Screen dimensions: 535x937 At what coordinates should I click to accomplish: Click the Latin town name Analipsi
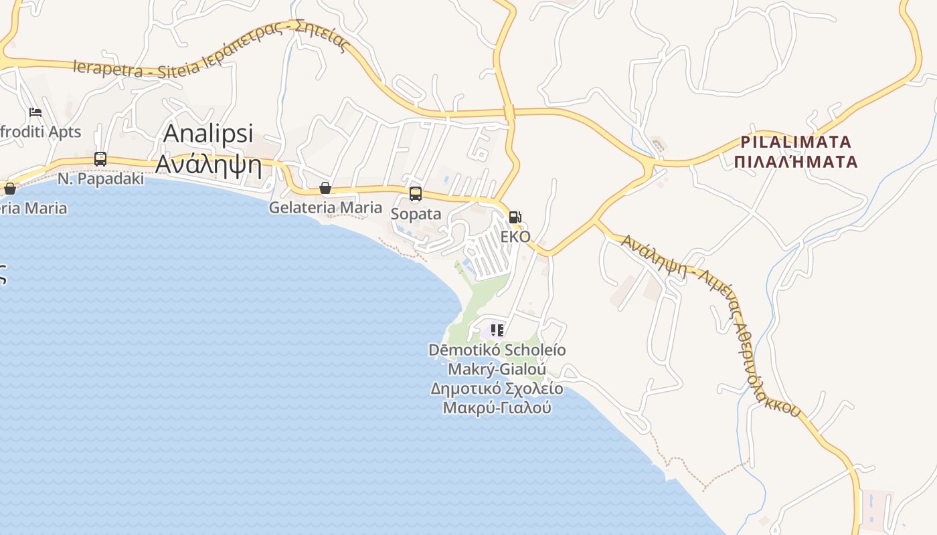pyautogui.click(x=208, y=133)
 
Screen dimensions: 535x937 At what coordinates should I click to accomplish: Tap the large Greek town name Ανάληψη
pyautogui.click(x=208, y=163)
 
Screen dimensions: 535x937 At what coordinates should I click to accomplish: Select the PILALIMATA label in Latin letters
pyautogui.click(x=796, y=142)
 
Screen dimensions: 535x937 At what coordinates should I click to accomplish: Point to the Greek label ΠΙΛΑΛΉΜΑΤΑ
pyautogui.click(x=796, y=162)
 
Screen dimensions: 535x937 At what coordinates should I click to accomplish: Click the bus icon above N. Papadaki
pyautogui.click(x=100, y=159)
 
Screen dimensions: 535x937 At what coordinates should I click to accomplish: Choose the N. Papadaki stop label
pyautogui.click(x=100, y=179)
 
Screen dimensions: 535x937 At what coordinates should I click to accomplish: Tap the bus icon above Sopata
pyautogui.click(x=416, y=194)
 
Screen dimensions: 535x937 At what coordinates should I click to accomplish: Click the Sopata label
pyautogui.click(x=416, y=214)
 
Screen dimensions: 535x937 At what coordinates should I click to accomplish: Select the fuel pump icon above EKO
pyautogui.click(x=515, y=217)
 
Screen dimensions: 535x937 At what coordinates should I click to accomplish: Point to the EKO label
pyautogui.click(x=515, y=237)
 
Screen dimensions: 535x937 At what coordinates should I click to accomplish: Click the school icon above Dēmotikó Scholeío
pyautogui.click(x=497, y=330)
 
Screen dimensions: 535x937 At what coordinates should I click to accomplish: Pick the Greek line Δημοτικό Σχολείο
pyautogui.click(x=497, y=389)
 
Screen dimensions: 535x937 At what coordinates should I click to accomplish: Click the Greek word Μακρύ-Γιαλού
pyautogui.click(x=497, y=407)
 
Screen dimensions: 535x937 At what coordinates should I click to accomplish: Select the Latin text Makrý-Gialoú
pyautogui.click(x=497, y=369)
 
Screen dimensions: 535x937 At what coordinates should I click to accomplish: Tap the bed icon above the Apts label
pyautogui.click(x=35, y=112)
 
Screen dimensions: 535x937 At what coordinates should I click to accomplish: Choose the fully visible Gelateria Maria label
pyautogui.click(x=325, y=207)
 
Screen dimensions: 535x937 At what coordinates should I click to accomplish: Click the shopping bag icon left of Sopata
pyautogui.click(x=325, y=188)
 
